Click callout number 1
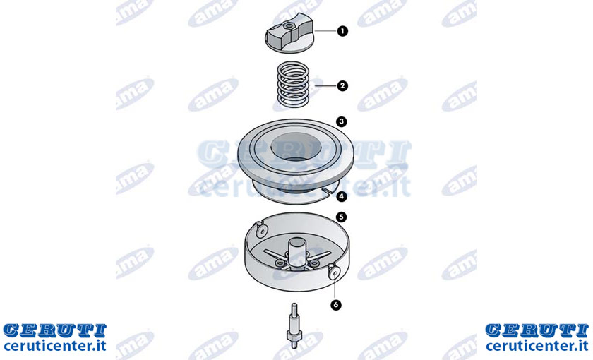click(342, 31)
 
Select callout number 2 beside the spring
click(342, 86)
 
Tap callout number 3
click(342, 121)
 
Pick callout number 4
click(342, 196)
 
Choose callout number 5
click(342, 217)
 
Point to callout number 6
click(336, 304)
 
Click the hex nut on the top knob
click(289, 25)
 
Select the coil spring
click(293, 85)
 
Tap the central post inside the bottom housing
click(296, 251)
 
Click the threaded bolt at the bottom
click(294, 325)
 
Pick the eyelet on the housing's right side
click(333, 272)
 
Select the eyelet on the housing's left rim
click(261, 230)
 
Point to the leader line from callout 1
click(325, 31)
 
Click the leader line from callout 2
click(325, 87)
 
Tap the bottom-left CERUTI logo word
click(55, 330)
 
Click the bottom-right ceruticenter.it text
click(537, 346)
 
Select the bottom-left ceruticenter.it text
click(55, 346)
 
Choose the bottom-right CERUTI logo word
click(537, 330)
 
